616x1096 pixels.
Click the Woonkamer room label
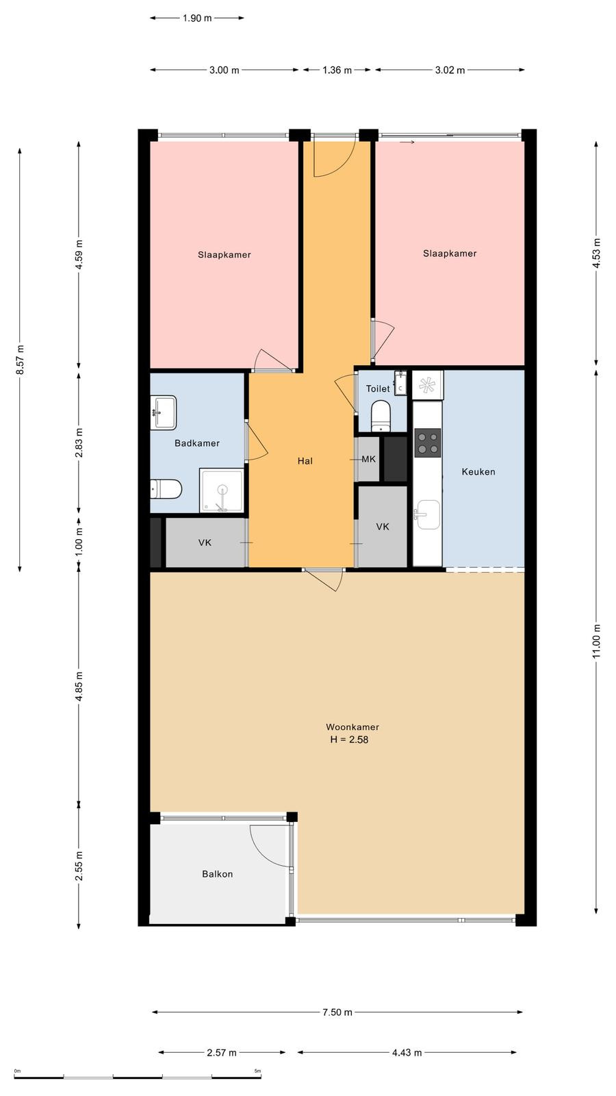pos(352,727)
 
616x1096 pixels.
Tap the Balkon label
pos(218,874)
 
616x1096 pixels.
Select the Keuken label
pos(478,472)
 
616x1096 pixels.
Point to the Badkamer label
pos(197,443)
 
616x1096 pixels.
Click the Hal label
pos(305,461)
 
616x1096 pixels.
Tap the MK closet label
pos(369,459)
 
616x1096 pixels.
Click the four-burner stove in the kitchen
pos(428,443)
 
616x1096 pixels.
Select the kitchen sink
pos(427,514)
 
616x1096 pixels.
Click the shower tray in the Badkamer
pos(222,490)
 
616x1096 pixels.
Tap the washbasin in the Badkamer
pos(164,412)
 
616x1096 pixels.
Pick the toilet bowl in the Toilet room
pos(381,415)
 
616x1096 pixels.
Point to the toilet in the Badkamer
pos(166,489)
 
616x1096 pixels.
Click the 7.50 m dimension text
pos(337,1012)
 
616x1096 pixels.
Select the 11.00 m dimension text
pos(596,641)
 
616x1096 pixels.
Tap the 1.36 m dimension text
pos(337,70)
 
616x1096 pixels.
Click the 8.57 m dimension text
pos(20,360)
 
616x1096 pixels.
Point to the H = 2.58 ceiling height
pos(349,739)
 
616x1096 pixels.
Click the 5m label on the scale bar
pos(257,1071)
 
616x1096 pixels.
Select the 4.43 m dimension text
pos(407,1052)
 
